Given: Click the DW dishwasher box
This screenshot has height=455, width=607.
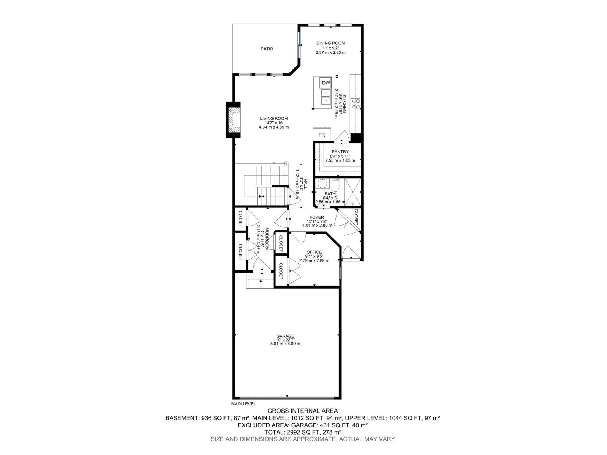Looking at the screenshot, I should [x=326, y=83].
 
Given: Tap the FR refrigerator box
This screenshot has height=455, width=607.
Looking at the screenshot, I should [x=322, y=135].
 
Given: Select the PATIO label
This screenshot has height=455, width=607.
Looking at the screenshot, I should [x=267, y=49].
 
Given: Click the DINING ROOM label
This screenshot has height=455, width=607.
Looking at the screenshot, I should [x=330, y=43].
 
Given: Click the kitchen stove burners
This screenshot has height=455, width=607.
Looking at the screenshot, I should [x=355, y=104].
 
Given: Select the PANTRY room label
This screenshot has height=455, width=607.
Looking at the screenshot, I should [x=340, y=152].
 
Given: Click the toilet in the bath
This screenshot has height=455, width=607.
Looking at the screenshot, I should [x=336, y=185].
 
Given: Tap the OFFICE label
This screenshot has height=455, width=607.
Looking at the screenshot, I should [x=314, y=252].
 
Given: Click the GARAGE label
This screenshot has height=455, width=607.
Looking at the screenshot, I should [x=285, y=336].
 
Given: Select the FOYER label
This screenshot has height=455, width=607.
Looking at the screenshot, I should [x=316, y=217].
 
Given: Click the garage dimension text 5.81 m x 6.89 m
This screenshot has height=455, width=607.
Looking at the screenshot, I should [x=285, y=344].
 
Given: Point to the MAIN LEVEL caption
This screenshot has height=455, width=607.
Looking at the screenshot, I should [x=244, y=404].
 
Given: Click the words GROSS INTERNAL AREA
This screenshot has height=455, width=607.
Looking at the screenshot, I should [x=302, y=411].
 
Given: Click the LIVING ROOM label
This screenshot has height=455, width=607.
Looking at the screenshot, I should [x=274, y=118].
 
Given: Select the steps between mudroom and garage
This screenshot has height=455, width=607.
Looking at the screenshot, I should [x=261, y=281].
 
